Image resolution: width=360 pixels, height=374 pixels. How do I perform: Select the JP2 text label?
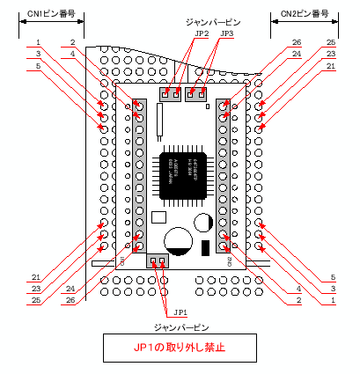pos(202,33)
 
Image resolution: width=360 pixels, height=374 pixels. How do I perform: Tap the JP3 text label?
pos(227,33)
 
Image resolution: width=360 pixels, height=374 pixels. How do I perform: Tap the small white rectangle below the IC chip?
pos(159,216)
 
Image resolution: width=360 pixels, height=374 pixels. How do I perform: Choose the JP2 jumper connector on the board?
pos(171,92)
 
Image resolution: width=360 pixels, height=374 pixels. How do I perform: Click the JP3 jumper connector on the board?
pos(196,92)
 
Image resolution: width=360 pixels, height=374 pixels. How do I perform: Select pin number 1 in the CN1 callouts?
pos(39,42)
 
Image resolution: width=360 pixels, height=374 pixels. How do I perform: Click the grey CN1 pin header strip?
pos(139,176)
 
